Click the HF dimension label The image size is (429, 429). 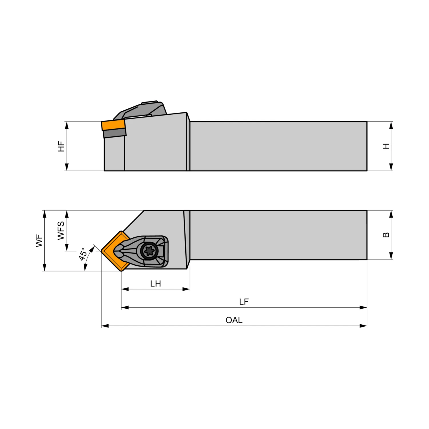[x=61, y=146]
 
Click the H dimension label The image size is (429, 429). [x=386, y=146]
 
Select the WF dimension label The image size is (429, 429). [x=39, y=241]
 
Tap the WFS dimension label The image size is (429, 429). [x=61, y=231]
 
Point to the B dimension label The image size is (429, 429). [x=386, y=235]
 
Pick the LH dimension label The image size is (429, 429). [x=156, y=283]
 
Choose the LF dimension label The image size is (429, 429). [x=244, y=302]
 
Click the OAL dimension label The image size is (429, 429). [x=234, y=320]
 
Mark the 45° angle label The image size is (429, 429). [x=83, y=254]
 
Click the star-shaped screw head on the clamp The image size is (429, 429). [x=149, y=251]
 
